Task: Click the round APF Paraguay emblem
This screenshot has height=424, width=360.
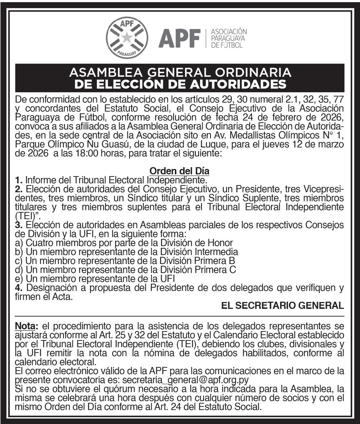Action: [127, 37]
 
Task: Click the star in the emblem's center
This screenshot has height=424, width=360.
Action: [127, 37]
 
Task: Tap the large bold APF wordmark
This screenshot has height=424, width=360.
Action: [180, 38]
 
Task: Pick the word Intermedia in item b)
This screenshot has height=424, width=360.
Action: [218, 252]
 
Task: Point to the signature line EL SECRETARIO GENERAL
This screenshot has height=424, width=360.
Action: [283, 305]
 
